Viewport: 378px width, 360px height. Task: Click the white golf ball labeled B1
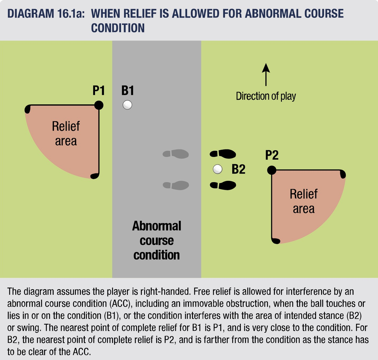pos(127,105)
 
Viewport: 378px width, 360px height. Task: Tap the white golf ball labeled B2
pos(218,169)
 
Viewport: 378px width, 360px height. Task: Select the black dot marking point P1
pos(99,105)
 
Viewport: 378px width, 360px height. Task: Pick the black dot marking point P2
pos(272,170)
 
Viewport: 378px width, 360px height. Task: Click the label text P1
pos(99,90)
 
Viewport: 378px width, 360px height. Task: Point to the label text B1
pos(128,90)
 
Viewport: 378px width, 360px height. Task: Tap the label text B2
pos(238,169)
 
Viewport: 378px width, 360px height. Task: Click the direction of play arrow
pos(266,75)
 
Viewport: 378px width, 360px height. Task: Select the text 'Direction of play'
pos(266,96)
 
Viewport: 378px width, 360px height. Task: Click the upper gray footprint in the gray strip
pos(176,154)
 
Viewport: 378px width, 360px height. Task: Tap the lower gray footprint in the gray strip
pos(176,185)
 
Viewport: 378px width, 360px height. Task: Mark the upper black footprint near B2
pos(223,154)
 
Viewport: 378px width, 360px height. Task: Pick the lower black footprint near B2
pos(223,185)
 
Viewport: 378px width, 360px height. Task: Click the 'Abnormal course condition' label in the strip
pos(157,240)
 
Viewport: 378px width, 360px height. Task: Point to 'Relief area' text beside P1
pos(66,134)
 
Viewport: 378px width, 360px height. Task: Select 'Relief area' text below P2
pos(304,201)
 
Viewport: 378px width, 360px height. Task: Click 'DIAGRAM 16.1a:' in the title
pos(46,13)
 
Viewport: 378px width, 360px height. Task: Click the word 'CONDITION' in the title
pos(118,28)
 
